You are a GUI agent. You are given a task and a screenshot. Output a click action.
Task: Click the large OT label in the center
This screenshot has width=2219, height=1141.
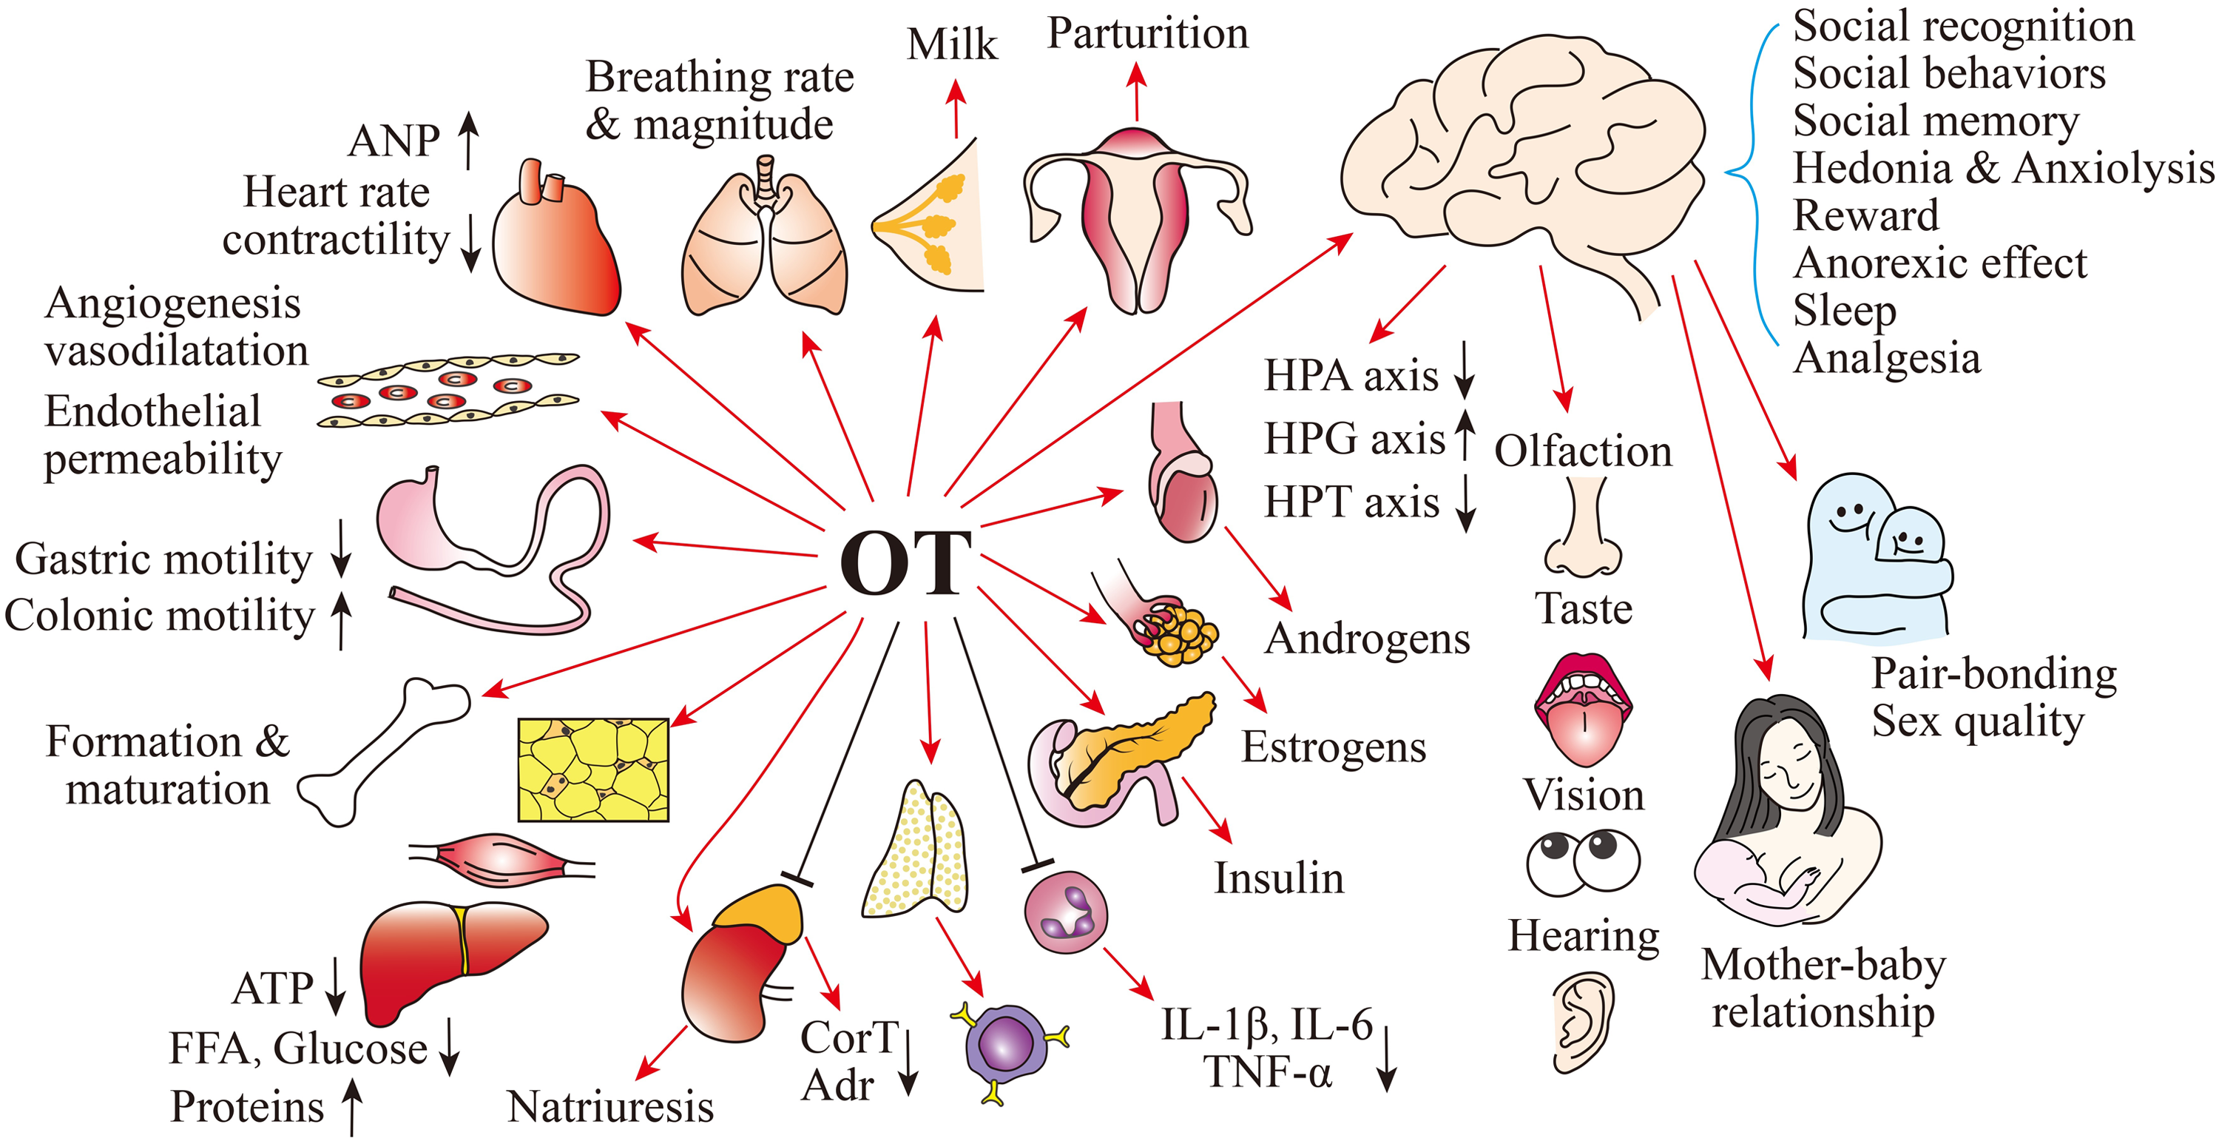(x=905, y=564)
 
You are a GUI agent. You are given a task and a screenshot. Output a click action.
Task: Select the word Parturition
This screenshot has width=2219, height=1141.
(x=1147, y=35)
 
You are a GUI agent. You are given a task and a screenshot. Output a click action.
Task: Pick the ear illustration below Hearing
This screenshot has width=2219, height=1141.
(x=1584, y=1022)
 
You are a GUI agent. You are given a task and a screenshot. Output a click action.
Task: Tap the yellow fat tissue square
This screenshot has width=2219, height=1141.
(x=593, y=770)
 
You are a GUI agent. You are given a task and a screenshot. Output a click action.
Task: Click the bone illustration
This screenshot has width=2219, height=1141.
(x=383, y=752)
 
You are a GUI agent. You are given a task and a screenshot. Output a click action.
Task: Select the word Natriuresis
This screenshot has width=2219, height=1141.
(x=611, y=1106)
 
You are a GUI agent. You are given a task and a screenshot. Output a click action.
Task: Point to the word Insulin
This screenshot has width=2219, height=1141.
(x=1279, y=878)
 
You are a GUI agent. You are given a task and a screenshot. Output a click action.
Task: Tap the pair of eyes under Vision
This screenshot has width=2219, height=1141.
(x=1584, y=862)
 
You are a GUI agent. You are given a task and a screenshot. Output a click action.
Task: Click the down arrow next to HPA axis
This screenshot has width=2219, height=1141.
(x=1465, y=371)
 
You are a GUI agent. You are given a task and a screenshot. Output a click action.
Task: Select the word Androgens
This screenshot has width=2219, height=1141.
(x=1367, y=639)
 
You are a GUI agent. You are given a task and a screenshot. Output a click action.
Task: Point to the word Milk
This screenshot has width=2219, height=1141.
(x=952, y=45)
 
